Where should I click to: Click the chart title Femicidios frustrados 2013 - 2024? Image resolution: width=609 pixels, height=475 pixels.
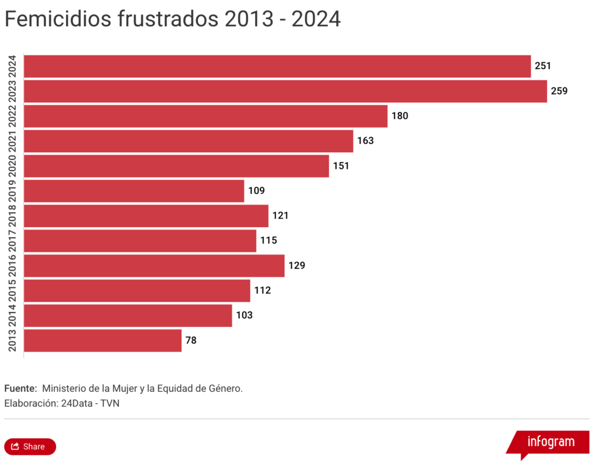(172, 19)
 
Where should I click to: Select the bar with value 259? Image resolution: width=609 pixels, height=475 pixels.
(285, 91)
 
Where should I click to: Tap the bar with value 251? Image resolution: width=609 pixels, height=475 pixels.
(277, 66)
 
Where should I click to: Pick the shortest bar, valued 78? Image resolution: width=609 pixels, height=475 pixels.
(102, 341)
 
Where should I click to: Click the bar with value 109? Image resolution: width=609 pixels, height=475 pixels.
(134, 191)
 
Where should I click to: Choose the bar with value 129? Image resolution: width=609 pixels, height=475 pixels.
(154, 266)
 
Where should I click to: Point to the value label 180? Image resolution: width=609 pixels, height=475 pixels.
(400, 116)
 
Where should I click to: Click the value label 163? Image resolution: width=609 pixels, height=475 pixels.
(365, 141)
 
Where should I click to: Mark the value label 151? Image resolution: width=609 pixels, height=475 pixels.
(341, 166)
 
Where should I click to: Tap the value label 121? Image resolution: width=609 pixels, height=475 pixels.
(280, 216)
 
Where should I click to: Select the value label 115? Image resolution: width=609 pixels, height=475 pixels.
(268, 241)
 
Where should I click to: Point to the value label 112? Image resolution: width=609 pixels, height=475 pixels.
(262, 291)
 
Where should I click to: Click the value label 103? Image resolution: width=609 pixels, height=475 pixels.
(244, 316)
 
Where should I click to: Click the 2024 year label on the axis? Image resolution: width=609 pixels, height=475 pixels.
(12, 66)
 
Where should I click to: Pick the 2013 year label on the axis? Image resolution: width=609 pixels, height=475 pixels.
(12, 341)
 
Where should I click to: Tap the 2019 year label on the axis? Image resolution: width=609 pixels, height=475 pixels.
(12, 191)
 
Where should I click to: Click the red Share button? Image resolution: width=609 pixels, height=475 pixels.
(30, 446)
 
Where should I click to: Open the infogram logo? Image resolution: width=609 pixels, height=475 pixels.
(550, 442)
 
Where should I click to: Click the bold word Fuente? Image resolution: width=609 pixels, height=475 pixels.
(20, 388)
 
